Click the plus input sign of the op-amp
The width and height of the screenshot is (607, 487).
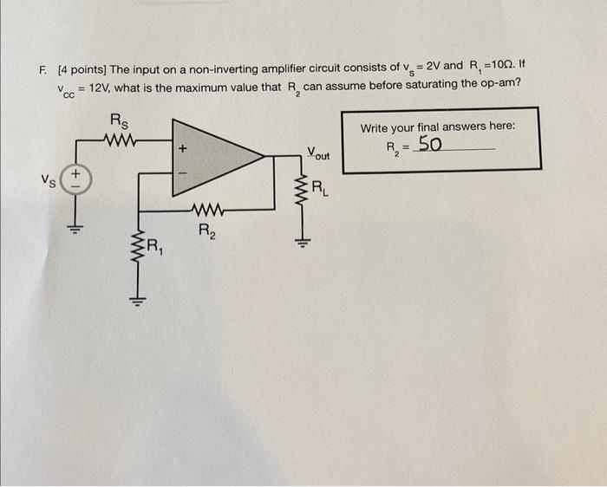183,148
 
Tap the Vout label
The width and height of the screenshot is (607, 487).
319,155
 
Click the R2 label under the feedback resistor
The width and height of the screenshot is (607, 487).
206,231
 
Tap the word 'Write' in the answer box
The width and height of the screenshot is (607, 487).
375,127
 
